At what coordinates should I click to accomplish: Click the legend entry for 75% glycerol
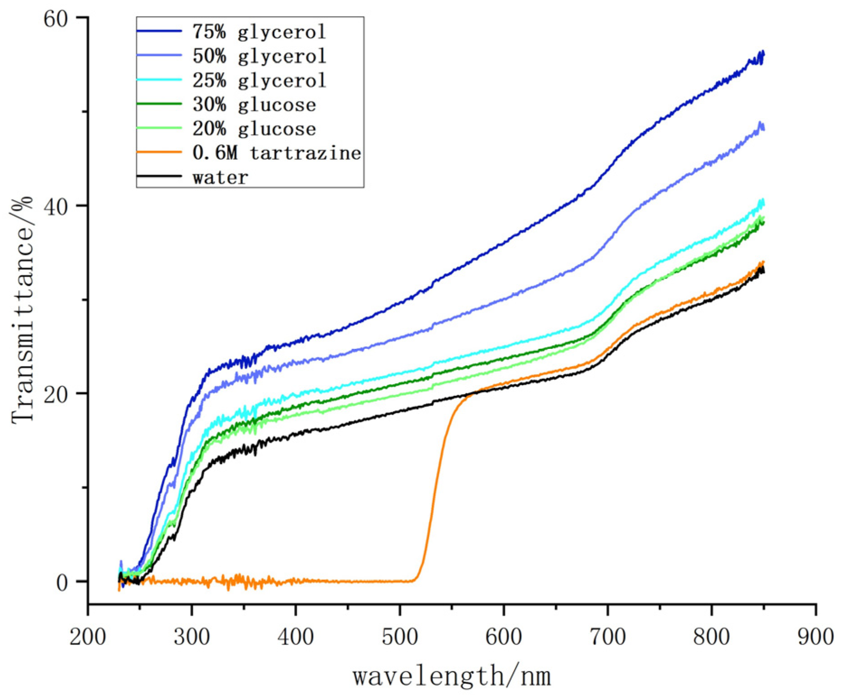[x=259, y=32]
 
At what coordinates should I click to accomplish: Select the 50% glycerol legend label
[x=259, y=56]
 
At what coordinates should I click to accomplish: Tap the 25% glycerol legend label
[x=259, y=81]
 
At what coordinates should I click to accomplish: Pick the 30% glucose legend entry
[x=254, y=105]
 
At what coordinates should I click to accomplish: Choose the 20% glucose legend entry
[x=254, y=129]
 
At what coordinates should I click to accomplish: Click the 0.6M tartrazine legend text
[x=276, y=153]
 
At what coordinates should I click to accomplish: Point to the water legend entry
[x=220, y=177]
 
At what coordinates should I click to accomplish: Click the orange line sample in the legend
[x=159, y=152]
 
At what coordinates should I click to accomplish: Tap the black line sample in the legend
[x=159, y=176]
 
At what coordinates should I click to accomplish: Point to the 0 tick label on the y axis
[x=62, y=582]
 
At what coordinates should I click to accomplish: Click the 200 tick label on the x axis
[x=88, y=637]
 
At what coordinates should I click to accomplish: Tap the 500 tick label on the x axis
[x=400, y=637]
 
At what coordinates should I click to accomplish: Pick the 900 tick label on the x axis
[x=815, y=637]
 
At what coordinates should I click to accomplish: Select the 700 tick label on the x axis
[x=608, y=637]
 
